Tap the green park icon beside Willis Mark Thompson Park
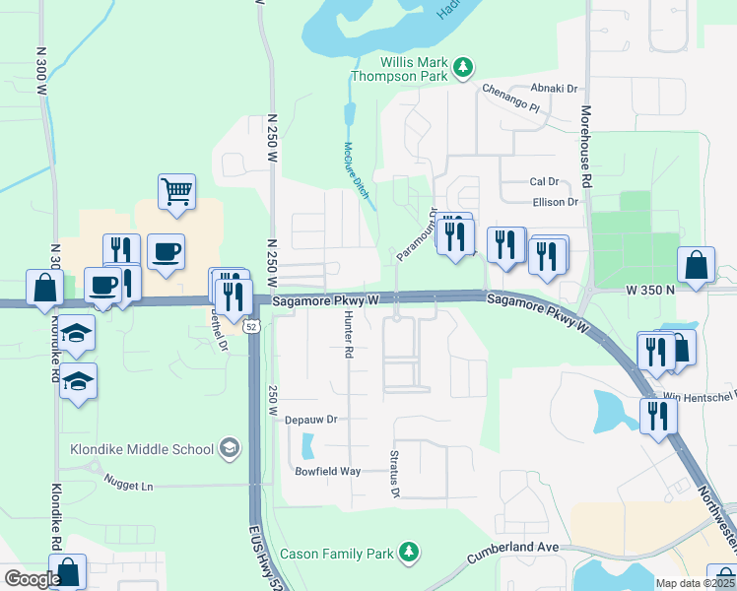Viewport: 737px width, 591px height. tap(462, 67)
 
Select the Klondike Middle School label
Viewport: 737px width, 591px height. tap(142, 449)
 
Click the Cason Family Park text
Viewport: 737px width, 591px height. tap(337, 554)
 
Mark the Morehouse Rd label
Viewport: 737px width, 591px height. tap(585, 147)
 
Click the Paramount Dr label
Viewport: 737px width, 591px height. tap(417, 234)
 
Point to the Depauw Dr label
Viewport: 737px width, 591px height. tap(310, 419)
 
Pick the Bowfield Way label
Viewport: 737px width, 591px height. tap(328, 471)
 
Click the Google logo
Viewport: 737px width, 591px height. tap(32, 579)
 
